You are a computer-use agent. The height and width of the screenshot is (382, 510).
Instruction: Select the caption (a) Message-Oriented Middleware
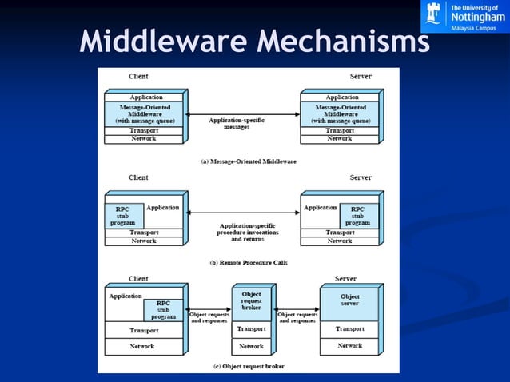click(x=248, y=161)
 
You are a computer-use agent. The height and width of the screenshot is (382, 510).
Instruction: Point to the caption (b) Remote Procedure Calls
click(x=248, y=261)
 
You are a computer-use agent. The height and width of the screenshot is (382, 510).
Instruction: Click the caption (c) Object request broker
click(x=248, y=366)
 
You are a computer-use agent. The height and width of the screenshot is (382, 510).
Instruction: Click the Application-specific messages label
click(x=237, y=124)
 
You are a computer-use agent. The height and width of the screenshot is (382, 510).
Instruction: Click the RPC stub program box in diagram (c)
click(x=163, y=309)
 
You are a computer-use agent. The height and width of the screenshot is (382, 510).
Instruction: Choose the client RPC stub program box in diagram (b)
click(x=123, y=216)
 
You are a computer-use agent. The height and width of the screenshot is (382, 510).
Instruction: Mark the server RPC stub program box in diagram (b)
click(x=357, y=216)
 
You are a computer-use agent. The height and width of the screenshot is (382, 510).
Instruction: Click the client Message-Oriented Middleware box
click(x=143, y=113)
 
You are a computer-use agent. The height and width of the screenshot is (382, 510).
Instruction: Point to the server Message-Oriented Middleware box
click(x=339, y=113)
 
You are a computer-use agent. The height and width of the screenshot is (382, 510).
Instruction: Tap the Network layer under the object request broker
click(x=251, y=346)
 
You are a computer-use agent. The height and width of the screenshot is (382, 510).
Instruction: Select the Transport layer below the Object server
click(x=349, y=328)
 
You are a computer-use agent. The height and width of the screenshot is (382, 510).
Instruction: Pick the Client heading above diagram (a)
click(x=138, y=76)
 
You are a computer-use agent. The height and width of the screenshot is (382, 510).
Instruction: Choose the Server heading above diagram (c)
click(x=345, y=279)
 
